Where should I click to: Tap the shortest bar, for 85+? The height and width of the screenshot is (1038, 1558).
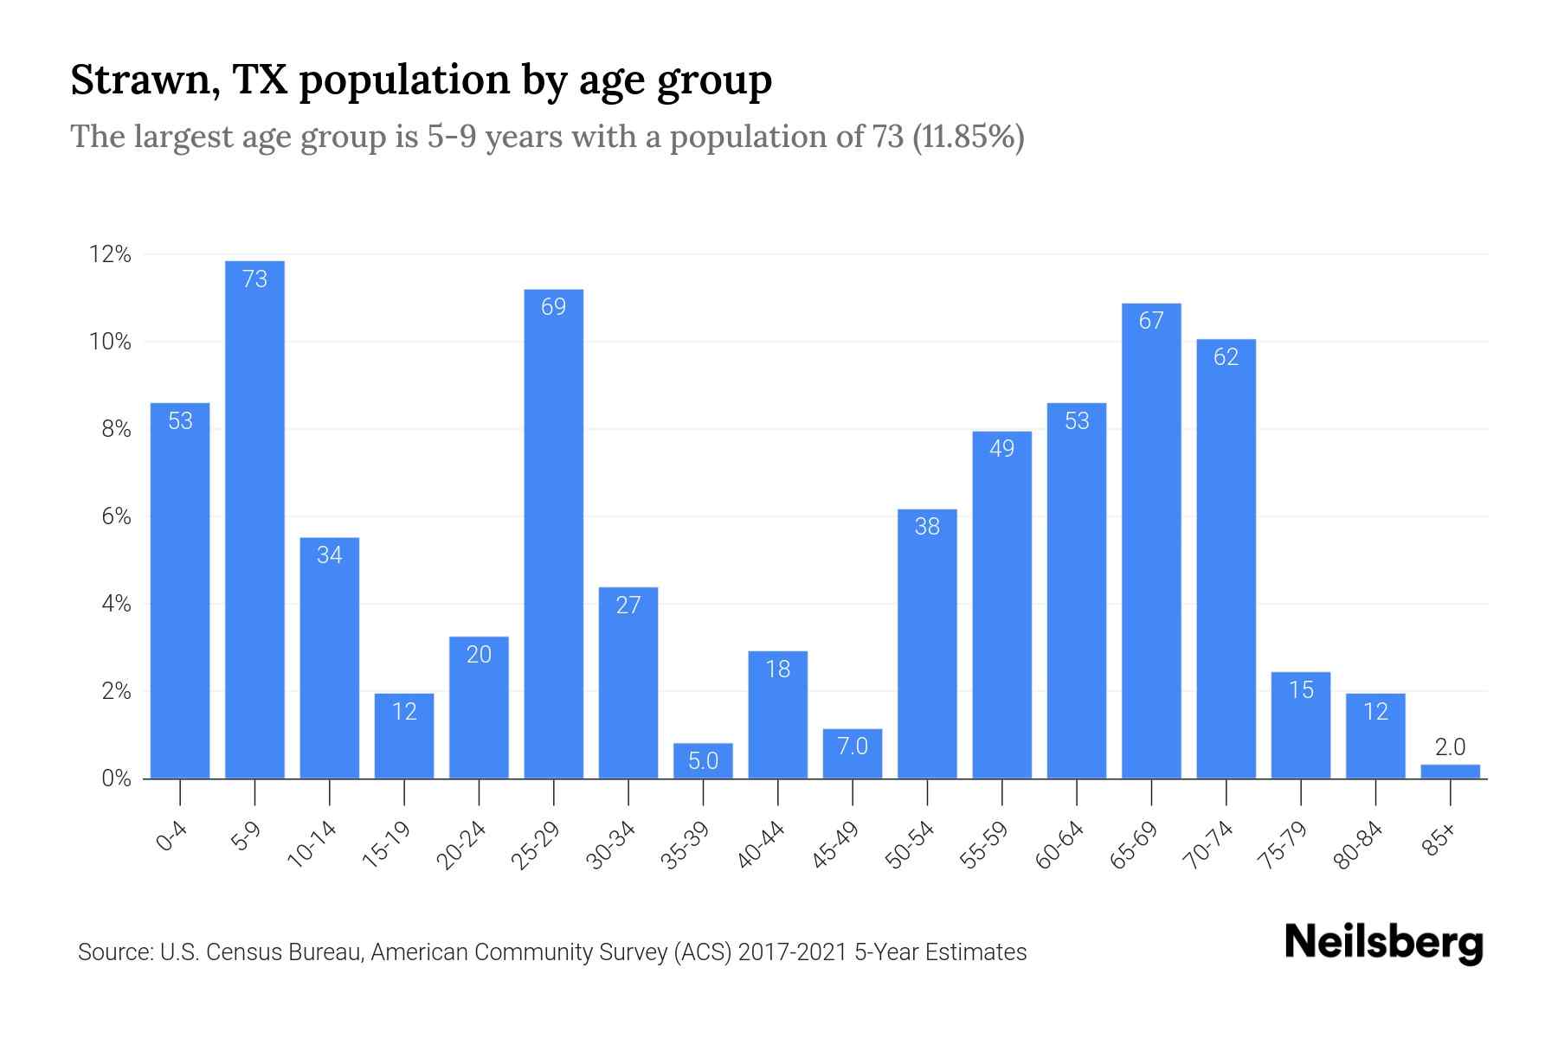pyautogui.click(x=1450, y=772)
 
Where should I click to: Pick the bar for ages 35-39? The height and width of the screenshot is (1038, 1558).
pyautogui.click(x=703, y=761)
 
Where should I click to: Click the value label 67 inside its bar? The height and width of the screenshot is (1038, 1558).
pyautogui.click(x=1151, y=321)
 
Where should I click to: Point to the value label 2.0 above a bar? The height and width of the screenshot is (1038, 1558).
pyautogui.click(x=1450, y=747)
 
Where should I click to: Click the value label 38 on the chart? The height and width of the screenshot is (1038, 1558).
pyautogui.click(x=927, y=526)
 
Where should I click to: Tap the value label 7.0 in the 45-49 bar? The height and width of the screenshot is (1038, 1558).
pyautogui.click(x=853, y=746)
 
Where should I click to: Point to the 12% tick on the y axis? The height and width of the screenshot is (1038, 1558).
pyautogui.click(x=110, y=254)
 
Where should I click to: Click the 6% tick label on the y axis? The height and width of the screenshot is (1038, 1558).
pyautogui.click(x=116, y=516)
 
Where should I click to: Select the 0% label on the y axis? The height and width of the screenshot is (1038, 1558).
pyautogui.click(x=116, y=778)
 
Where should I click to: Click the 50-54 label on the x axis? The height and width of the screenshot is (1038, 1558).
pyautogui.click(x=911, y=845)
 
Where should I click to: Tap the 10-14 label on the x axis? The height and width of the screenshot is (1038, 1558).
pyautogui.click(x=312, y=845)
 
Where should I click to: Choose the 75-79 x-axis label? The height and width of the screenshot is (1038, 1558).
pyautogui.click(x=1284, y=845)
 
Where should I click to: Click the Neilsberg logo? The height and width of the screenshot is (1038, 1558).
pyautogui.click(x=1383, y=943)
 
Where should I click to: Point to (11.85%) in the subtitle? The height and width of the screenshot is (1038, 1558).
pyautogui.click(x=969, y=137)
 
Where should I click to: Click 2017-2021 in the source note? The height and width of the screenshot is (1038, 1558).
pyautogui.click(x=793, y=952)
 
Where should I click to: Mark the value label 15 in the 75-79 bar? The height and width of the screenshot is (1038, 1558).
pyautogui.click(x=1301, y=689)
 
